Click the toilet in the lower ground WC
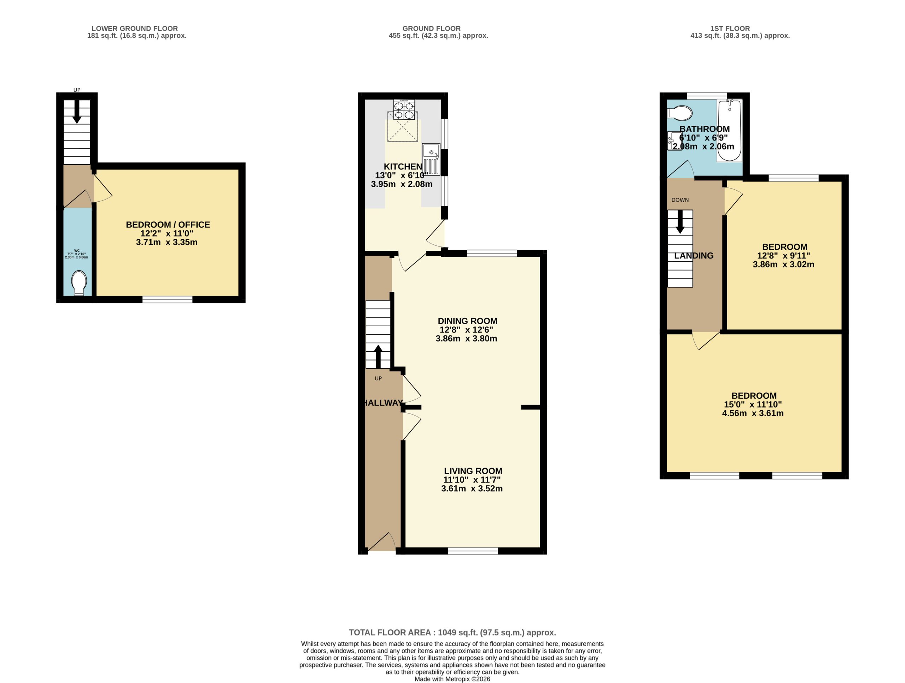(x=79, y=283)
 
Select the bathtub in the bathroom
(x=729, y=130)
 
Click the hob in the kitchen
(x=404, y=109)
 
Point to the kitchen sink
(x=431, y=159)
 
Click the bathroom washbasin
(x=673, y=141)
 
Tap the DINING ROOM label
(x=467, y=321)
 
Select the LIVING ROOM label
(x=473, y=471)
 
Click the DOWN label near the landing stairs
(x=680, y=200)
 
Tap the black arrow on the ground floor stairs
(x=378, y=357)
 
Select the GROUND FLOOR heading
(x=431, y=29)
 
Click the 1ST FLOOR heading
(x=730, y=29)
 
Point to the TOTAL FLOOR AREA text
(x=452, y=632)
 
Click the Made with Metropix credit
(x=452, y=679)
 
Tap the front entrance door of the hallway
(x=381, y=542)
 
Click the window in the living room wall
(x=473, y=551)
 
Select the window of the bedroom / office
(x=167, y=299)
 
